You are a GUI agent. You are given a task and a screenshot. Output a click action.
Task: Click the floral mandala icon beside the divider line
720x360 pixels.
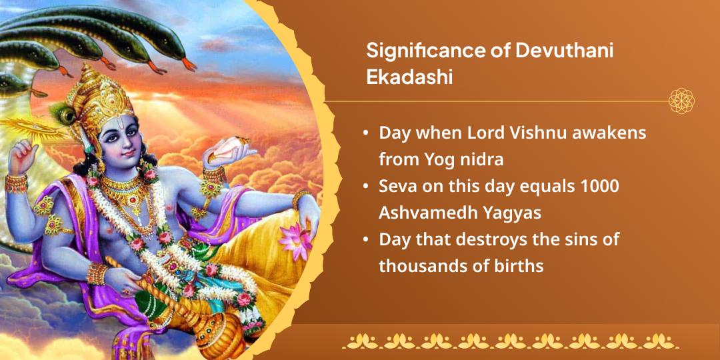coord(681,101)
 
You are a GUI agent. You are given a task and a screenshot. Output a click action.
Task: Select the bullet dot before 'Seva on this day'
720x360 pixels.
coord(365,187)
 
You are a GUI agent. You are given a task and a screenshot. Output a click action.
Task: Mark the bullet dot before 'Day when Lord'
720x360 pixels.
coord(365,133)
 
